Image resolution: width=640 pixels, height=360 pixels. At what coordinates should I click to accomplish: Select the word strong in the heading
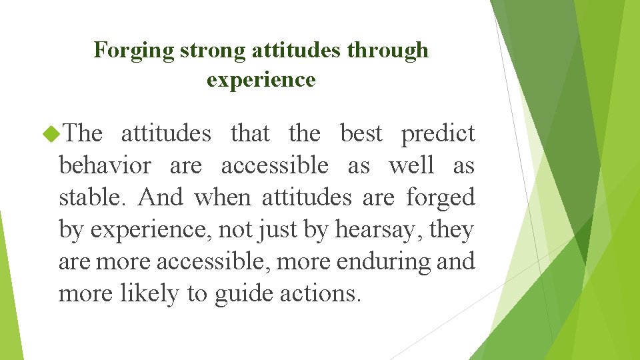pos(209,51)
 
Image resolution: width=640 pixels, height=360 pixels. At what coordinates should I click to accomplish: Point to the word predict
pos(437,134)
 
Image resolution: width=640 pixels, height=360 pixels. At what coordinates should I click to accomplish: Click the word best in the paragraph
pos(363,133)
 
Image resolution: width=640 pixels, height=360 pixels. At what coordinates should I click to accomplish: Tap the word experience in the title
pos(261,80)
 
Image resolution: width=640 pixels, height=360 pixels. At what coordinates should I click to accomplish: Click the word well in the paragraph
pos(409,165)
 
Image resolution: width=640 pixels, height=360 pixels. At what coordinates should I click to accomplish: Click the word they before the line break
pos(452,230)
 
